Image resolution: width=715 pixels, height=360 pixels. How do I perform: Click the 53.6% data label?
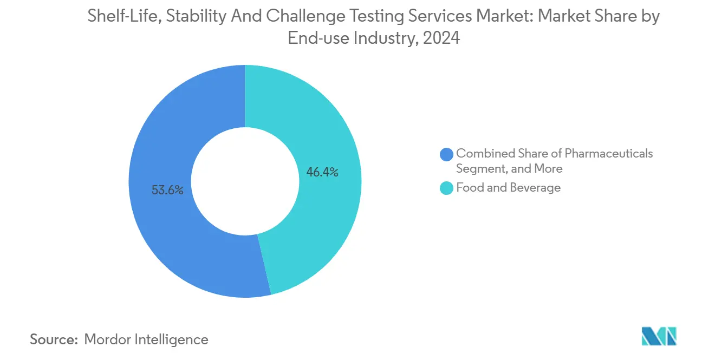coord(168,190)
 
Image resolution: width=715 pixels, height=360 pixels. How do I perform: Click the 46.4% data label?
coord(322,173)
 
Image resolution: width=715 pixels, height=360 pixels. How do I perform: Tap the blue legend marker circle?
coord(447,154)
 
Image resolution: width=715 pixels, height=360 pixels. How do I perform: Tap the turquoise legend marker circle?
coord(447,188)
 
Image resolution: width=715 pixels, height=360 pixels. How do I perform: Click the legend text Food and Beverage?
coord(508,188)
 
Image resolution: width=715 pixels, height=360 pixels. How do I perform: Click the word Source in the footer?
coord(53,339)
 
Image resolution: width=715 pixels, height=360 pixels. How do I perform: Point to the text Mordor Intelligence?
coord(146,339)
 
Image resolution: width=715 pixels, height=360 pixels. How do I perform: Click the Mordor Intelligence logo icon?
coord(659,336)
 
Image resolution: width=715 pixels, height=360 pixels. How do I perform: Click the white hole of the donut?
coord(245,181)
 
